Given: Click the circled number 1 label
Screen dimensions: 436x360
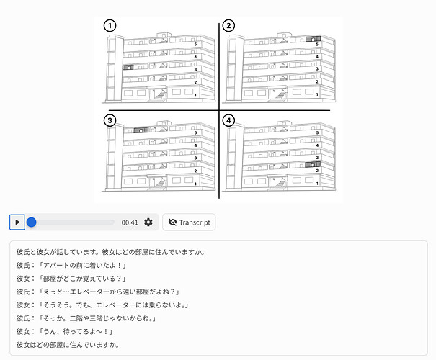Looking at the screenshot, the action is click(110, 25).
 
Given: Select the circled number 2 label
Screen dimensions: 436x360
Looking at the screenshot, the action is click(228, 25).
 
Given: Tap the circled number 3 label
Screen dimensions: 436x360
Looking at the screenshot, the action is click(110, 120).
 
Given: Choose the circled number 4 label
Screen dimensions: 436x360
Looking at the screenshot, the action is click(228, 120).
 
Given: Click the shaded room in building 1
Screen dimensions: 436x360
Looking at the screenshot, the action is click(128, 67).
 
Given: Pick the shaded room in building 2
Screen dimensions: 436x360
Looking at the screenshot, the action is click(313, 39).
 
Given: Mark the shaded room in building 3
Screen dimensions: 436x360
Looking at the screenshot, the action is click(141, 130).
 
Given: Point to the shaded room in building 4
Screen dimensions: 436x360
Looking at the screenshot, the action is click(313, 164).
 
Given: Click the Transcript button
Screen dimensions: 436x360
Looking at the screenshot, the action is click(189, 222).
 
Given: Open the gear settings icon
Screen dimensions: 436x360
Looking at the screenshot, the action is click(148, 222).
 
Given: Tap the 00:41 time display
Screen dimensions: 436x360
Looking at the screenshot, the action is click(130, 222).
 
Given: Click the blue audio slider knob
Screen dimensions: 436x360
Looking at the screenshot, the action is click(32, 222).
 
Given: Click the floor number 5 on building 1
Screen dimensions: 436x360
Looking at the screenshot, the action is click(195, 45).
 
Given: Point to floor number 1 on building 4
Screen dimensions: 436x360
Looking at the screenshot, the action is click(317, 184).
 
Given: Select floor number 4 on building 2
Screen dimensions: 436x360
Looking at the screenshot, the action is click(317, 57).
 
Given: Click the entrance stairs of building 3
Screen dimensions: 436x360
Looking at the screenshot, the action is click(159, 184).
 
